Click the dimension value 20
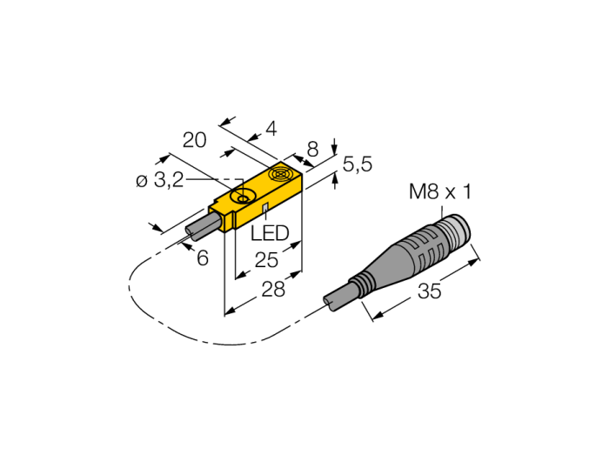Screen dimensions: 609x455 [x=195, y=140]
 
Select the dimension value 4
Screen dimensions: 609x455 [x=271, y=129]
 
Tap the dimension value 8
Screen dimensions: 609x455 [x=312, y=149]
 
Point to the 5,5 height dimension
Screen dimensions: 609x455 [x=358, y=164]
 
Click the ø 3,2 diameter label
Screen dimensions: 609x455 [x=159, y=181]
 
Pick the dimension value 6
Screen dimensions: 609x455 [x=203, y=258]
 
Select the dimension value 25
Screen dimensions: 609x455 [x=266, y=260]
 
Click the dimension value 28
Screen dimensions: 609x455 [x=273, y=289]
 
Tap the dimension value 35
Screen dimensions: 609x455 [x=430, y=291]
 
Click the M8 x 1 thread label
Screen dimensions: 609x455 [x=440, y=192]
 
